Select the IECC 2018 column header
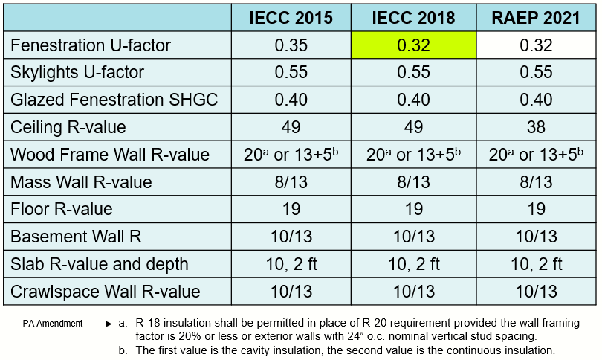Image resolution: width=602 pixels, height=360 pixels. coord(413,19)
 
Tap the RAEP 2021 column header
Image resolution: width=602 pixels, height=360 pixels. coord(536,19)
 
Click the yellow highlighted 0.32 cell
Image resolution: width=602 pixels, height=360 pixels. coord(413,45)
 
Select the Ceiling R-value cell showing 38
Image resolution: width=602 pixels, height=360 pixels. coord(536,127)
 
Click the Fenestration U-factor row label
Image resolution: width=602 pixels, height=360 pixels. coord(91,45)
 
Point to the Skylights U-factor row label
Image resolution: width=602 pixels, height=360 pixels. coord(77,73)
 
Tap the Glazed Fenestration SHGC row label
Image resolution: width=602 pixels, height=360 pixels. coord(114,100)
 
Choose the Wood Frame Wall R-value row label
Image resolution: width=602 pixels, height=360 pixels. coord(110,155)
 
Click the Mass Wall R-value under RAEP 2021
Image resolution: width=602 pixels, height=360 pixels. coord(536,182)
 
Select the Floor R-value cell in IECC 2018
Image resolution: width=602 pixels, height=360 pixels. coord(413,209)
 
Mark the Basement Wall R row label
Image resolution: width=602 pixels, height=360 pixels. coord(76,237)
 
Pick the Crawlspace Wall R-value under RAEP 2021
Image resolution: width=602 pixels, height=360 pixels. coord(536,292)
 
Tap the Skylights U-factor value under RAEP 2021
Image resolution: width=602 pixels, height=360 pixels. coord(536,73)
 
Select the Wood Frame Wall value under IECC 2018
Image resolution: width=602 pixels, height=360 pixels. coord(413,155)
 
